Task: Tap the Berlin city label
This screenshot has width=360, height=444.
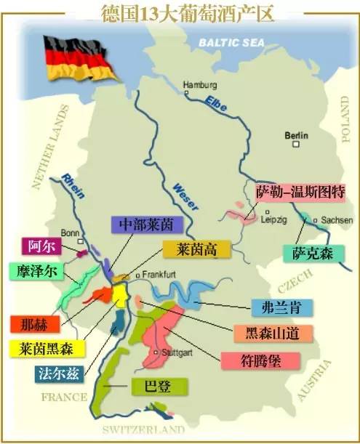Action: tap(297, 135)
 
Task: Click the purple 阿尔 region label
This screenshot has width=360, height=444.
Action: tap(39, 246)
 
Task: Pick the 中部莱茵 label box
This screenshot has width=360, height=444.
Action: tap(142, 224)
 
